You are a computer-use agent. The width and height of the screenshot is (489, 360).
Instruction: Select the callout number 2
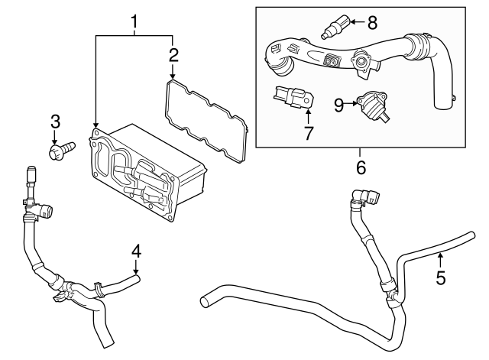(173, 54)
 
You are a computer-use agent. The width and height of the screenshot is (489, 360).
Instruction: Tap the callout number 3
(55, 121)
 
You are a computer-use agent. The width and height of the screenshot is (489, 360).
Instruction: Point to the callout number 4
(136, 251)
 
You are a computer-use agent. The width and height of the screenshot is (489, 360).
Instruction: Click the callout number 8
(372, 21)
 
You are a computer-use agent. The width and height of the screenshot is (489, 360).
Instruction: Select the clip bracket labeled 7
(294, 99)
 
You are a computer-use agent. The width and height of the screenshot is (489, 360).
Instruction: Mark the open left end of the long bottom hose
(205, 302)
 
